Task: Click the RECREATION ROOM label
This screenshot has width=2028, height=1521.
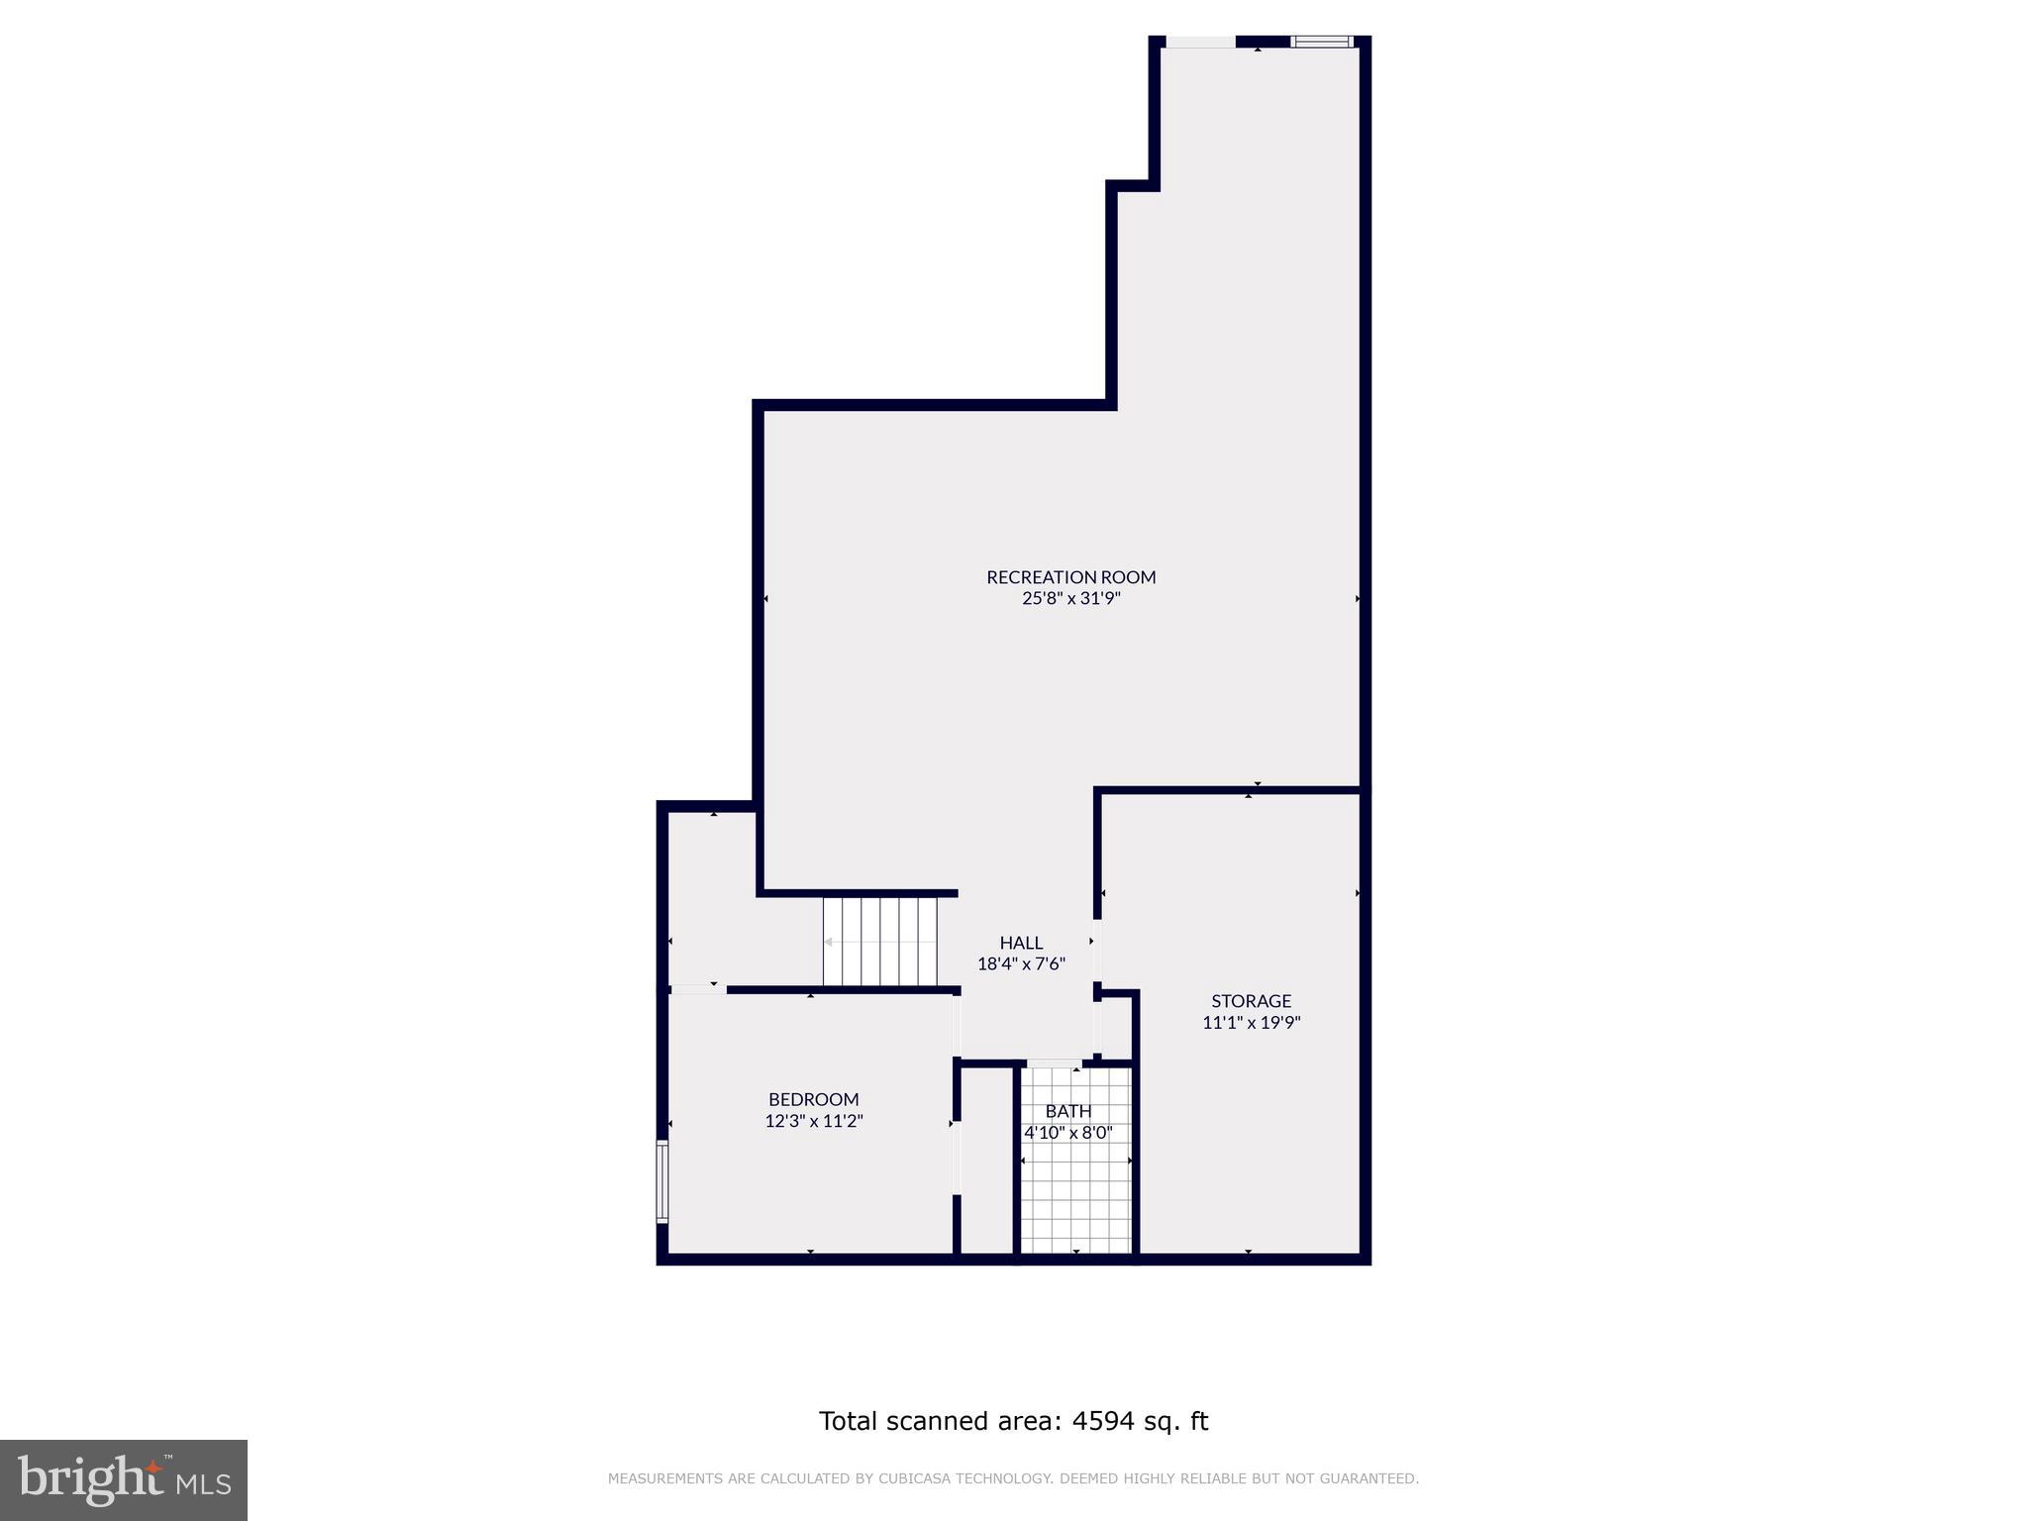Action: coord(1070,576)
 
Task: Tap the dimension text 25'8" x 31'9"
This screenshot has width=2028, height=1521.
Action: coord(1070,598)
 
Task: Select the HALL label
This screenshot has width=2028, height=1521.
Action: coord(1020,942)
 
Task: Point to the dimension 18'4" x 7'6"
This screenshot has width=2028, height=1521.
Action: coord(1020,963)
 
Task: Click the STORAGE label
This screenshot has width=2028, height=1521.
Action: coord(1251,1000)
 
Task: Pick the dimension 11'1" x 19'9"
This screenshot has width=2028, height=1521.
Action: coord(1251,1023)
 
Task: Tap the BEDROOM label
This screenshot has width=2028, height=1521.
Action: coord(813,1098)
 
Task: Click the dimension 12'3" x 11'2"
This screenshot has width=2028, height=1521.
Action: coord(813,1121)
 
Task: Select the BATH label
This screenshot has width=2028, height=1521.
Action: coord(1067,1111)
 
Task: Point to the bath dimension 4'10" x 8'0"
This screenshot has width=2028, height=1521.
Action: coord(1067,1133)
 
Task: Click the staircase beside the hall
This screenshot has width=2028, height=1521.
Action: coord(879,941)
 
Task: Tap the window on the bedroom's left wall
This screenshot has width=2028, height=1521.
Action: coord(662,1180)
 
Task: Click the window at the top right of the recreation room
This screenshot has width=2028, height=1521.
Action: coord(1322,42)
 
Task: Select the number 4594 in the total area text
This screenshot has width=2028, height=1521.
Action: coord(1101,1421)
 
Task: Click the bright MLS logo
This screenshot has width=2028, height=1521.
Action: coord(124,1479)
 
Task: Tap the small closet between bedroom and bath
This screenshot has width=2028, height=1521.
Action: coord(986,1159)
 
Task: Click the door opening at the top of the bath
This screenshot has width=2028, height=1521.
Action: coord(1054,1065)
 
